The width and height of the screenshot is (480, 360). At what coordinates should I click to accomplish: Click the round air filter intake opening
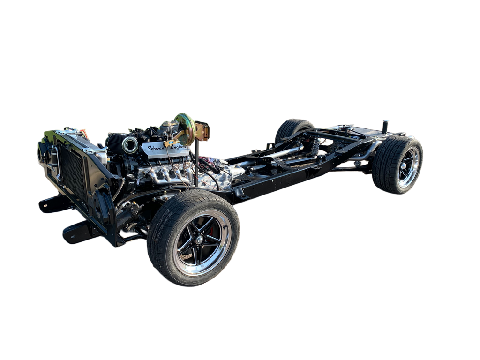[130, 145]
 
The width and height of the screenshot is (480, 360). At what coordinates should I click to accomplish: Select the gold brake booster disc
[184, 127]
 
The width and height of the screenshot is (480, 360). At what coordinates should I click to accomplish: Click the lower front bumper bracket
[77, 232]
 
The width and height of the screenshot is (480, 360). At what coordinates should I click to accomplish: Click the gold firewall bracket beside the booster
[203, 131]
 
